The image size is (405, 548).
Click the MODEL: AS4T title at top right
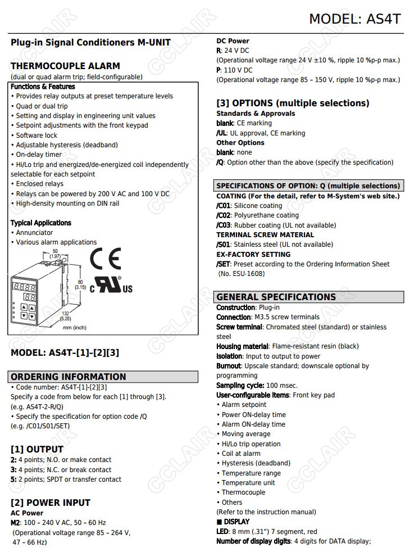(354, 19)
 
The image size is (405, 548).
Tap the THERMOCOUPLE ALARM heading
(65, 66)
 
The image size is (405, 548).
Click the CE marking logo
(106, 259)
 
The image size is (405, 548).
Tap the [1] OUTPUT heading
(37, 449)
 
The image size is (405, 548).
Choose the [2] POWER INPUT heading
(51, 502)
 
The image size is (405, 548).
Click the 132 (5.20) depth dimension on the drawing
(66, 316)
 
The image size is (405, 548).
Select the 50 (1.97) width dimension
(55, 253)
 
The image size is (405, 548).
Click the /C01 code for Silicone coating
(224, 206)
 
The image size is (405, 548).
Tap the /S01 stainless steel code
(223, 244)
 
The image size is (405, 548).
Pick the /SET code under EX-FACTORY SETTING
(224, 264)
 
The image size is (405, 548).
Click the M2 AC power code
(16, 523)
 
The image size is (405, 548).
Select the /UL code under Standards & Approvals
(221, 133)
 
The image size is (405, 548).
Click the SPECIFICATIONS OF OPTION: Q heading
(308, 186)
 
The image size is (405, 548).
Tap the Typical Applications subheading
(41, 223)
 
